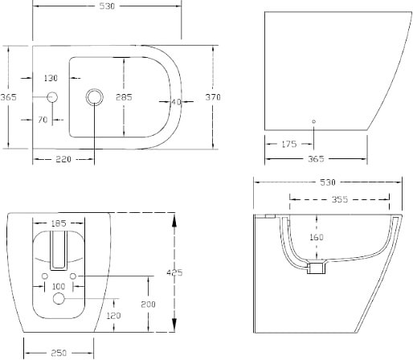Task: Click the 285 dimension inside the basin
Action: pyautogui.click(x=124, y=97)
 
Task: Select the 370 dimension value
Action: pyautogui.click(x=213, y=97)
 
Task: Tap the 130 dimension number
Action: pyautogui.click(x=51, y=78)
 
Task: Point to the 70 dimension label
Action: pyautogui.click(x=43, y=120)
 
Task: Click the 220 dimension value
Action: pyautogui.click(x=63, y=159)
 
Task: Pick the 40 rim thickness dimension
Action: pyautogui.click(x=176, y=102)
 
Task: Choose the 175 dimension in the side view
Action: pyautogui.click(x=289, y=144)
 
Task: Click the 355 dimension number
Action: pyautogui.click(x=340, y=199)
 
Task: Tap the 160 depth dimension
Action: pyautogui.click(x=317, y=237)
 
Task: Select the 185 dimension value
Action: pyautogui.click(x=59, y=223)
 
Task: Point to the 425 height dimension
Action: pyautogui.click(x=174, y=272)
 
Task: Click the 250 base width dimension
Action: pyautogui.click(x=59, y=353)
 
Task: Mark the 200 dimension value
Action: pyautogui.click(x=148, y=304)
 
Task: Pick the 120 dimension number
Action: pyautogui.click(x=113, y=316)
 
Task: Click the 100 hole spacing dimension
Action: pyautogui.click(x=59, y=287)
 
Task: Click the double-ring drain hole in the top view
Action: pyautogui.click(x=95, y=97)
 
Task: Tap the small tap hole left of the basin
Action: pyautogui.click(x=52, y=97)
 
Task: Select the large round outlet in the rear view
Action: pyautogui.click(x=59, y=298)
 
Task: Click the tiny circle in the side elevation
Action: pyautogui.click(x=313, y=121)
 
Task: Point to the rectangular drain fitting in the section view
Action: pyautogui.click(x=317, y=268)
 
